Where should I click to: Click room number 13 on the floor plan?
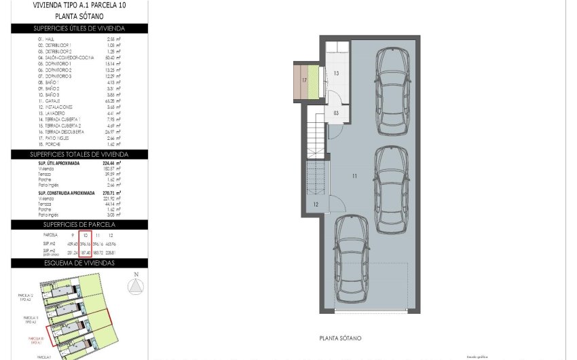pos(335,72)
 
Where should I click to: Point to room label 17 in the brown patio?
pos(305,80)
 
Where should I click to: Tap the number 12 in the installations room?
pos(316,204)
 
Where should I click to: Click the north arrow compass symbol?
pos(136,286)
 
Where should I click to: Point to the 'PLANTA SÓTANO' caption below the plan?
pos(339,338)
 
